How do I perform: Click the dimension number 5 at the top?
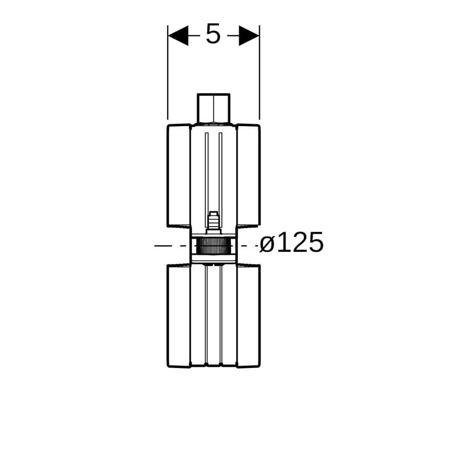[213, 34]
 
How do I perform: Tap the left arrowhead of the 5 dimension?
[178, 35]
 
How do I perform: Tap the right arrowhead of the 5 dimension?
[249, 35]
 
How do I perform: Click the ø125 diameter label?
[292, 242]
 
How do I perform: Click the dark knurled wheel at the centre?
[213, 246]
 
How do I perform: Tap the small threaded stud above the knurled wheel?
[213, 222]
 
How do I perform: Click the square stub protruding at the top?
[213, 109]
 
